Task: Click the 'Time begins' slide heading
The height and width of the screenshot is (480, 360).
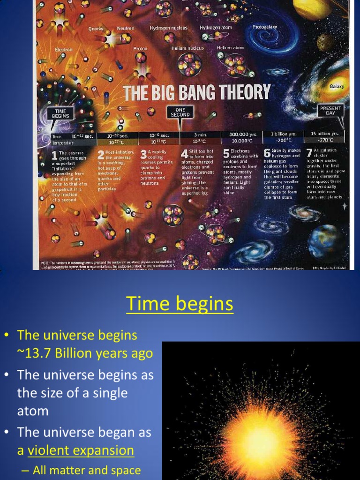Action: click(180, 304)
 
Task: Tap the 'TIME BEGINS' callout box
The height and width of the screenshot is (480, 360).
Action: click(60, 113)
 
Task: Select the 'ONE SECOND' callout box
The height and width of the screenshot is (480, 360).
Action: click(180, 112)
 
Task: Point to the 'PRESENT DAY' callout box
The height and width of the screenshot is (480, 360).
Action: click(330, 111)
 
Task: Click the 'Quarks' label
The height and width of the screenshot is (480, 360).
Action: click(96, 29)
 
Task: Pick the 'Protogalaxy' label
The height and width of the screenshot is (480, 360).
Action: click(265, 27)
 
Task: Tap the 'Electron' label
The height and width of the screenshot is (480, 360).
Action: click(64, 49)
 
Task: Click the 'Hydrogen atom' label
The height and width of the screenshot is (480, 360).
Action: click(216, 28)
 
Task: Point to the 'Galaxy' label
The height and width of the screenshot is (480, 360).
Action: click(337, 86)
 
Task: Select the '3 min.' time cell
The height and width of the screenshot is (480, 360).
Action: click(200, 135)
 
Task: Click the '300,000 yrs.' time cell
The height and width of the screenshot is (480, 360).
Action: click(242, 134)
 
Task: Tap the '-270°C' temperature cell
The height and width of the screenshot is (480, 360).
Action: click(325, 140)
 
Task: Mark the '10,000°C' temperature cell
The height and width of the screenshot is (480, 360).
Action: click(242, 140)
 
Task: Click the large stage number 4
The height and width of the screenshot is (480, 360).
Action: click(185, 154)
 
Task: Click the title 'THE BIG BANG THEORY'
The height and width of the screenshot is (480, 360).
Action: click(197, 92)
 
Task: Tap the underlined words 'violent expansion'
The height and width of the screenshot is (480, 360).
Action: click(81, 450)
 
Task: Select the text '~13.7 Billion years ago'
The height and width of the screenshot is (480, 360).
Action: click(85, 353)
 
